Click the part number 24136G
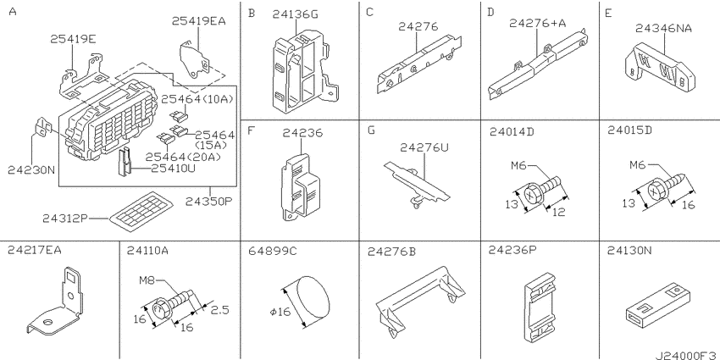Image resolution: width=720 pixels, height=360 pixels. tap(295, 14)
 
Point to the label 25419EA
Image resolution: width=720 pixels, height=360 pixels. tap(199, 20)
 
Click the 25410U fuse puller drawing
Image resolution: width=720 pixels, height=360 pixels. tap(125, 163)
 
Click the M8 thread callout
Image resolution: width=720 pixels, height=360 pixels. tap(147, 280)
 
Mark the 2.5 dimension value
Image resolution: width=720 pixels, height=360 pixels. tap(219, 310)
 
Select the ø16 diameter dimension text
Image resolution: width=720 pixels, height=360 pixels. tap(280, 313)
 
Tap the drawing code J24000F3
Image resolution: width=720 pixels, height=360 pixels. tap(686, 355)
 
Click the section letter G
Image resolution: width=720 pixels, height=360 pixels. tap(371, 130)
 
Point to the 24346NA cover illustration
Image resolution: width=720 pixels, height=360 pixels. tap(660, 69)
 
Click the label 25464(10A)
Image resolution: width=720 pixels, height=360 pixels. tap(197, 98)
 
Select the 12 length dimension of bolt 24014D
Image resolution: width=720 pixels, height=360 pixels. tap(559, 212)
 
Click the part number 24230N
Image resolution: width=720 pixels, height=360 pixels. tap(31, 170)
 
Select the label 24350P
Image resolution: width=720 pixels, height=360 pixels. tap(209, 201)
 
